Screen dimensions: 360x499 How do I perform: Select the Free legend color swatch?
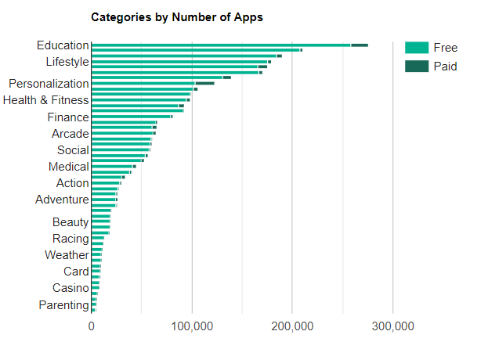pos(416,48)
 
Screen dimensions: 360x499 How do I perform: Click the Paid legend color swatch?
pos(416,67)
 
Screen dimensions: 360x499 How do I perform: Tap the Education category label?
pos(63,45)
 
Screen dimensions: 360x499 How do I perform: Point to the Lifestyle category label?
pos(67,62)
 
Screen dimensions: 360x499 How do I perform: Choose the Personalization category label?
pos(49,84)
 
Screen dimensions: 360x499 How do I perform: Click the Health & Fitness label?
pos(46,100)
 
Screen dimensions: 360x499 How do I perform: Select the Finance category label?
pos(68,117)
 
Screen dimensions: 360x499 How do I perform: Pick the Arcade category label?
pos(70,134)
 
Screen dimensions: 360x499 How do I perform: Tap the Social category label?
pos(73,150)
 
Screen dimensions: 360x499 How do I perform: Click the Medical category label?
pos(68,167)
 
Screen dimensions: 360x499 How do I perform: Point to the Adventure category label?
pos(62,200)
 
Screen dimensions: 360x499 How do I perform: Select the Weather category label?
pos(67,255)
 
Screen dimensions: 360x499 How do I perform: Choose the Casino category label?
pos(71,288)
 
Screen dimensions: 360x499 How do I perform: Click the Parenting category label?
pos(63,305)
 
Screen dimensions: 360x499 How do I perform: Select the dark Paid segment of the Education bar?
pos(360,45)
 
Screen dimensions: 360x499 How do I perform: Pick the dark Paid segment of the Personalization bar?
pos(204,83)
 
